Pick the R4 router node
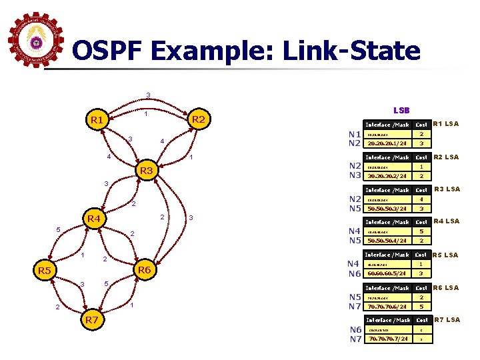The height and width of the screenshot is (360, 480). click(93, 219)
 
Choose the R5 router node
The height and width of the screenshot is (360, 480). click(45, 270)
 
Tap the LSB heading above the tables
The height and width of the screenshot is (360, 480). click(401, 110)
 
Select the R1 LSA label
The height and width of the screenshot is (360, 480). click(446, 124)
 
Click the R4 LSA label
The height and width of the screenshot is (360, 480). click(446, 221)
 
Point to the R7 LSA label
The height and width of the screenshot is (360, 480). click(446, 320)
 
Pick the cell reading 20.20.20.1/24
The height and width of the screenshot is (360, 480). click(387, 143)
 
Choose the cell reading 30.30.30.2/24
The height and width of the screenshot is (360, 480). click(387, 176)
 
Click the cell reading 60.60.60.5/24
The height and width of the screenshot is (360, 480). click(387, 273)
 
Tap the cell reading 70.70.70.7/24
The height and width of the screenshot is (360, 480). click(387, 339)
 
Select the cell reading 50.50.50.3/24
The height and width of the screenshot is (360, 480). click(387, 209)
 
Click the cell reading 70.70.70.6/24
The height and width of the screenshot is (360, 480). click(387, 307)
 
